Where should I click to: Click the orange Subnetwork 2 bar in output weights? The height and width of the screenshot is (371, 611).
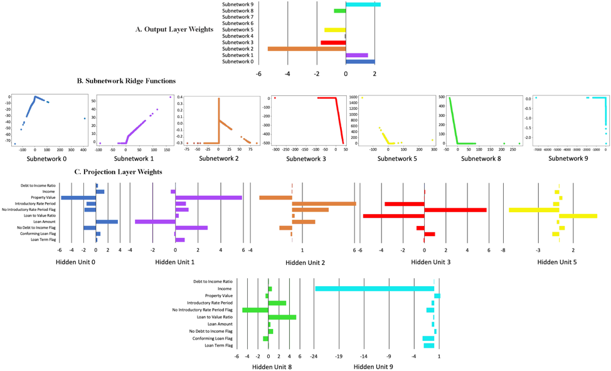tap(306, 49)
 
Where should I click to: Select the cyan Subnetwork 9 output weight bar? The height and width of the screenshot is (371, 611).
tap(363, 4)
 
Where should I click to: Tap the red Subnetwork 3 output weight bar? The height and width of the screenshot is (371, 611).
tap(333, 43)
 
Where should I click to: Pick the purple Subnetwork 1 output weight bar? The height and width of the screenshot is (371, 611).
tap(356, 55)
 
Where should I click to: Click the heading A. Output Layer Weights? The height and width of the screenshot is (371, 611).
tap(174, 30)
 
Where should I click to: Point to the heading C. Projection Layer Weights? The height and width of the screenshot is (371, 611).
tap(119, 172)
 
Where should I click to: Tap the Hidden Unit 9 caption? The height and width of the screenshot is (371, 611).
tap(373, 366)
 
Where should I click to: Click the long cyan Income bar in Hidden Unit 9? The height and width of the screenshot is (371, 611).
tap(375, 289)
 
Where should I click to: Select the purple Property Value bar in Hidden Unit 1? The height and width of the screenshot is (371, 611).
tap(208, 198)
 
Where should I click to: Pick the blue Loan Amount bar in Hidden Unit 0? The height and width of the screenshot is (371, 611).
tap(107, 222)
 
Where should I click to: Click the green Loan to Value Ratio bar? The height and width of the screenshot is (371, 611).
tap(282, 317)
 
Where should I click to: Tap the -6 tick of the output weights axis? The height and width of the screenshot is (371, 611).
tap(258, 73)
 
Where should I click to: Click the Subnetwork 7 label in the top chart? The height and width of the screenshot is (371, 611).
tap(238, 17)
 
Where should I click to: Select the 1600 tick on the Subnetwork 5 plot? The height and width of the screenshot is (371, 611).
tap(353, 97)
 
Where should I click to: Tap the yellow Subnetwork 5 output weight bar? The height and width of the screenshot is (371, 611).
tap(334, 30)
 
